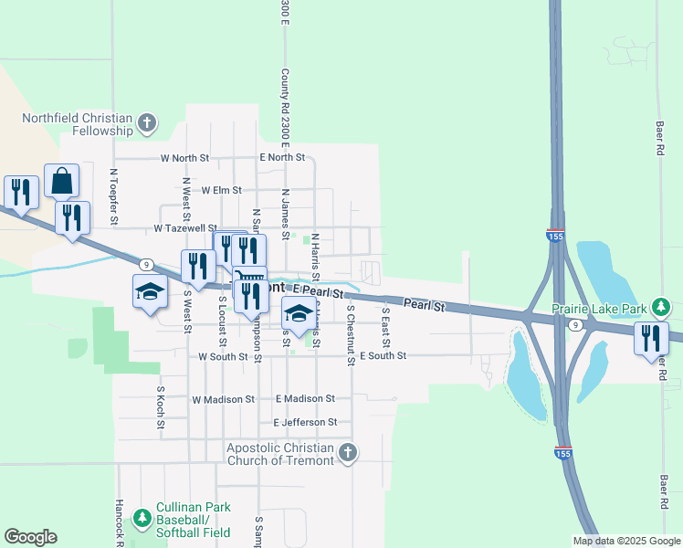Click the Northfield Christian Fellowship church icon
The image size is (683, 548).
(x=146, y=123)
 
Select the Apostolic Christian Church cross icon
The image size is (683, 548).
(x=346, y=452)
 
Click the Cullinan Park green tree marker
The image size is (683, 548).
(x=142, y=519)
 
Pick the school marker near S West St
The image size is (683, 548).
(x=150, y=292)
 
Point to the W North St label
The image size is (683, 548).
(x=184, y=158)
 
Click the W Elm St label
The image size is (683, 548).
(x=221, y=190)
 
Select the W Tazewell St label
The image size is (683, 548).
(x=185, y=227)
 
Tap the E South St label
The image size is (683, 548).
(x=383, y=355)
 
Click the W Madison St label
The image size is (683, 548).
(x=223, y=399)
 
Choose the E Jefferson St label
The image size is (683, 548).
(x=305, y=422)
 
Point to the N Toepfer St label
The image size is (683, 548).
(x=114, y=195)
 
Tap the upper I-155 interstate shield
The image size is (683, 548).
(x=555, y=236)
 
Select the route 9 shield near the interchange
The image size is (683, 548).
(x=574, y=324)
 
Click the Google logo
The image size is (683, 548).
(x=30, y=537)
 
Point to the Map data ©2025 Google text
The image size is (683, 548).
(x=625, y=541)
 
